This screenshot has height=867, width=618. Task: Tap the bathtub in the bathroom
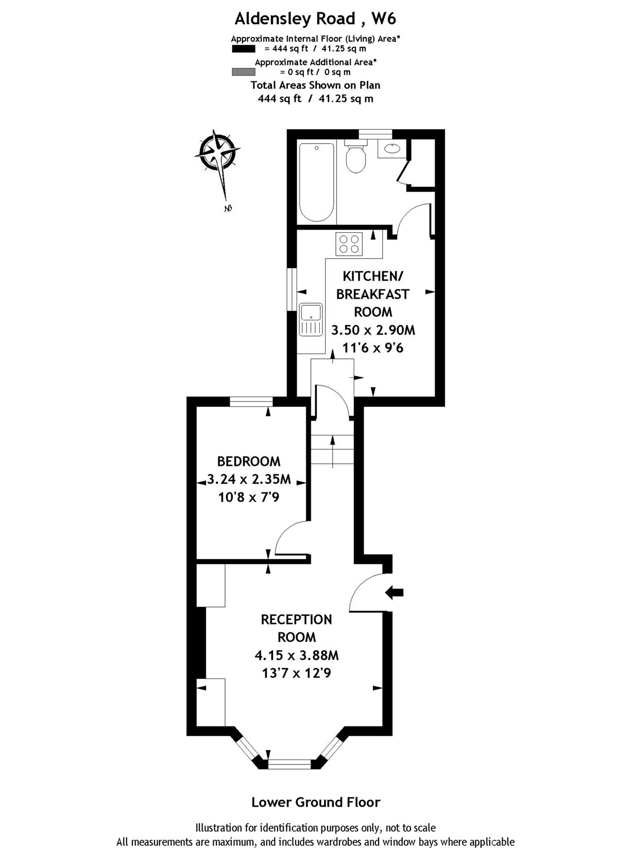[316, 182]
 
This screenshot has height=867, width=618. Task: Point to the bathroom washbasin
[391, 149]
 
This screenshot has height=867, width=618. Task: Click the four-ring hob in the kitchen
[349, 244]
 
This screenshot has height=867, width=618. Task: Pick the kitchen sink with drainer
[311, 319]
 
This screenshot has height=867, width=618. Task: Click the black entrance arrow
[394, 592]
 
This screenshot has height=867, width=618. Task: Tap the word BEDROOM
[249, 461]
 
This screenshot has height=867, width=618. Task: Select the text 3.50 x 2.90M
[373, 330]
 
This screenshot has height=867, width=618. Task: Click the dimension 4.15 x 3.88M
[297, 655]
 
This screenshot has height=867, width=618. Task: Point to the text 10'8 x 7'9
[249, 497]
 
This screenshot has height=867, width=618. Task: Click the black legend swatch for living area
[244, 49]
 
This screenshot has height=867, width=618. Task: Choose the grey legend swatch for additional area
[244, 72]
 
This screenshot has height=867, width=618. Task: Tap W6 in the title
[384, 19]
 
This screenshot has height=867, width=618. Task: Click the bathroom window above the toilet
[375, 134]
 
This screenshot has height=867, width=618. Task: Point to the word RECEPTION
[297, 620]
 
